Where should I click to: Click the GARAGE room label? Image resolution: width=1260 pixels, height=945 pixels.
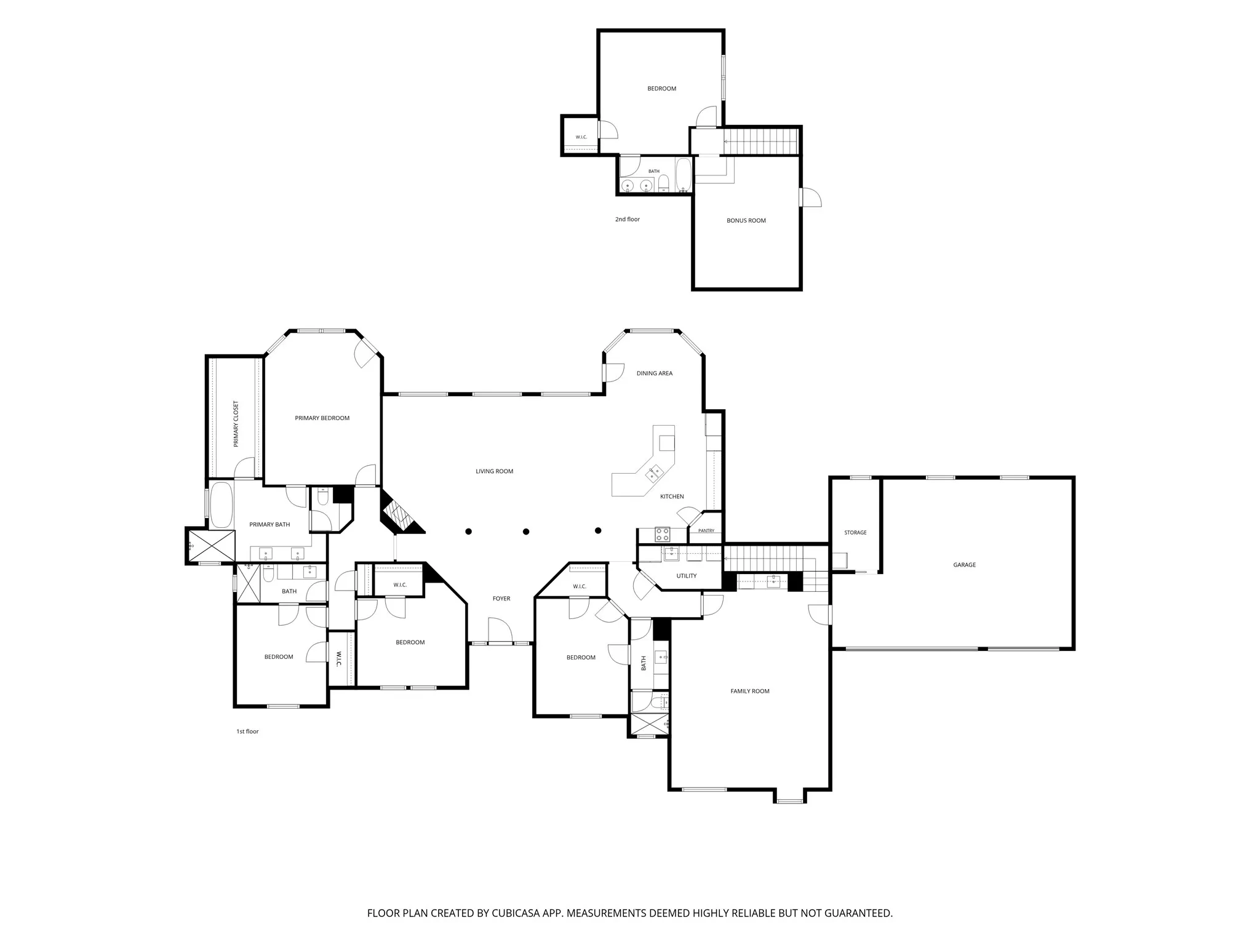[x=964, y=565]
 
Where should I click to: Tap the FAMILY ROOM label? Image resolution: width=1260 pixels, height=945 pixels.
[x=750, y=691]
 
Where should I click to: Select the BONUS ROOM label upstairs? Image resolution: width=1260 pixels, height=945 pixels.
[x=746, y=220]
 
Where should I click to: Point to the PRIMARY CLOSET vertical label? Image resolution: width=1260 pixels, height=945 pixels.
[x=236, y=424]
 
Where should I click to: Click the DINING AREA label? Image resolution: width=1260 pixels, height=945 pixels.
[x=655, y=373]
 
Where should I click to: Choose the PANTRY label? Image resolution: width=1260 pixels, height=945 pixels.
[x=706, y=531]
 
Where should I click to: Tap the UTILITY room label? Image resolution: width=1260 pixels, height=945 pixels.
[x=687, y=576]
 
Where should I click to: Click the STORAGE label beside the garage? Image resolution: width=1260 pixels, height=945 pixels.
[x=855, y=533]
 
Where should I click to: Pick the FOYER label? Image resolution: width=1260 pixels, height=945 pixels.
[x=501, y=599]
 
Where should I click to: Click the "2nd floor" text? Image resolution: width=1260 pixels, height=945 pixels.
[x=628, y=219]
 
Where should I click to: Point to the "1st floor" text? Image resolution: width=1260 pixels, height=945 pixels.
[x=247, y=732]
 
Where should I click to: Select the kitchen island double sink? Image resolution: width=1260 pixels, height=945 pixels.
[x=653, y=472]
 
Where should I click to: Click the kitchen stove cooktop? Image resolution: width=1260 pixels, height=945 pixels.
[x=662, y=534]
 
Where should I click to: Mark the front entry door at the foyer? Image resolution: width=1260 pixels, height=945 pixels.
[x=500, y=631]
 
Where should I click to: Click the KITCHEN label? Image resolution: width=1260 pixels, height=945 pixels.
[x=672, y=496]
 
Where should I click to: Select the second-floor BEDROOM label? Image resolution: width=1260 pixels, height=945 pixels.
[x=662, y=89]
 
